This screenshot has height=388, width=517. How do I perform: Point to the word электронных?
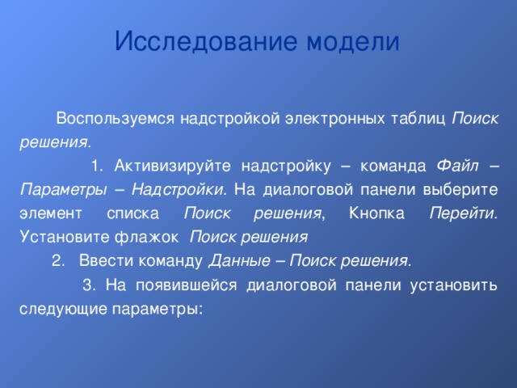(x=338, y=119)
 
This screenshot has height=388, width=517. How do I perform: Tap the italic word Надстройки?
(x=179, y=191)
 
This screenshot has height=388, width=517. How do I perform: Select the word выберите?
(x=465, y=191)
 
